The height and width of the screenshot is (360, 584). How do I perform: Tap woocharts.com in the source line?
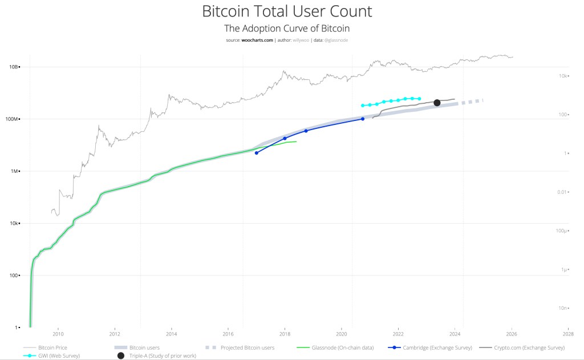257,40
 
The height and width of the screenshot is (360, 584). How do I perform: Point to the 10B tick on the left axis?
13,67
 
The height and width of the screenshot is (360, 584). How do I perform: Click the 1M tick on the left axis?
14,171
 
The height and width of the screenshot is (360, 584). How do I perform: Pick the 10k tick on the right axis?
562,76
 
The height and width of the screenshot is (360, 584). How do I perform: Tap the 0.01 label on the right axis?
562,192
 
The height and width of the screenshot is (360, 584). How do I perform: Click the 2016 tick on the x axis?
228,334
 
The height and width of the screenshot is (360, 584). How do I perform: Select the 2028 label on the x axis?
568,334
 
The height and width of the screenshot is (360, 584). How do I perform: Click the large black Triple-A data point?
437,103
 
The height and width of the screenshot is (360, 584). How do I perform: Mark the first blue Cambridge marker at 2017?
257,153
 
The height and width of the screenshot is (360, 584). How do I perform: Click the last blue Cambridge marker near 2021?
363,119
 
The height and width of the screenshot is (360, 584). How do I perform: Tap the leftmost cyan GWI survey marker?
363,106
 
